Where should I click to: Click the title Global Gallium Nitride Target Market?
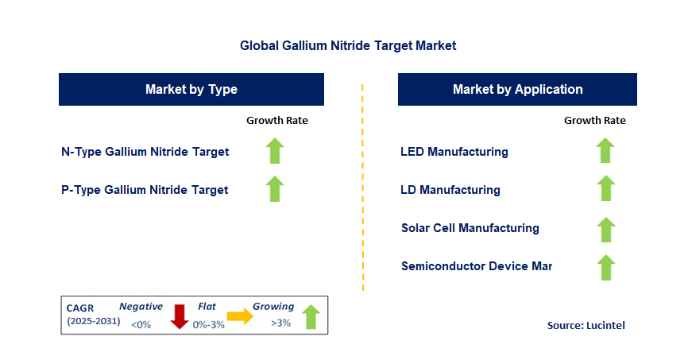[x=348, y=46]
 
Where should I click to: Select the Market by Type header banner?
[x=191, y=89]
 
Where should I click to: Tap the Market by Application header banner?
[x=517, y=89]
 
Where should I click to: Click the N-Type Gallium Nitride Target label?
[x=145, y=152]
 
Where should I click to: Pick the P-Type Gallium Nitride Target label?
[x=145, y=190]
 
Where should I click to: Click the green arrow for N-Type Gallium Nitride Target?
[x=275, y=151]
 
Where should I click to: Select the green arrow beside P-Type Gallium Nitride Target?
[x=275, y=189]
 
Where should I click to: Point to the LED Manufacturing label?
[x=454, y=152]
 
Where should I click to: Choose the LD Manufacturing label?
[x=450, y=190]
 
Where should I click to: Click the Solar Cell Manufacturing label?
[x=470, y=228]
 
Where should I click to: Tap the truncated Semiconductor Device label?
[x=477, y=266]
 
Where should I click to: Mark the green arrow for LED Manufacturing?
[x=605, y=150]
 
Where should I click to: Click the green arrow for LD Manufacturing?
[x=605, y=188]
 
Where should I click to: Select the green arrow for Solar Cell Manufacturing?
[x=605, y=230]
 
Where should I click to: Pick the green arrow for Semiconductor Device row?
[x=605, y=268]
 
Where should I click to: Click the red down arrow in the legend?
[x=179, y=316]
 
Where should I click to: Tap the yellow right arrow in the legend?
[x=239, y=317]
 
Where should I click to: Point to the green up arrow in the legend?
[x=310, y=316]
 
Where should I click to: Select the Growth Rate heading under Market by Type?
[x=276, y=121]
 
